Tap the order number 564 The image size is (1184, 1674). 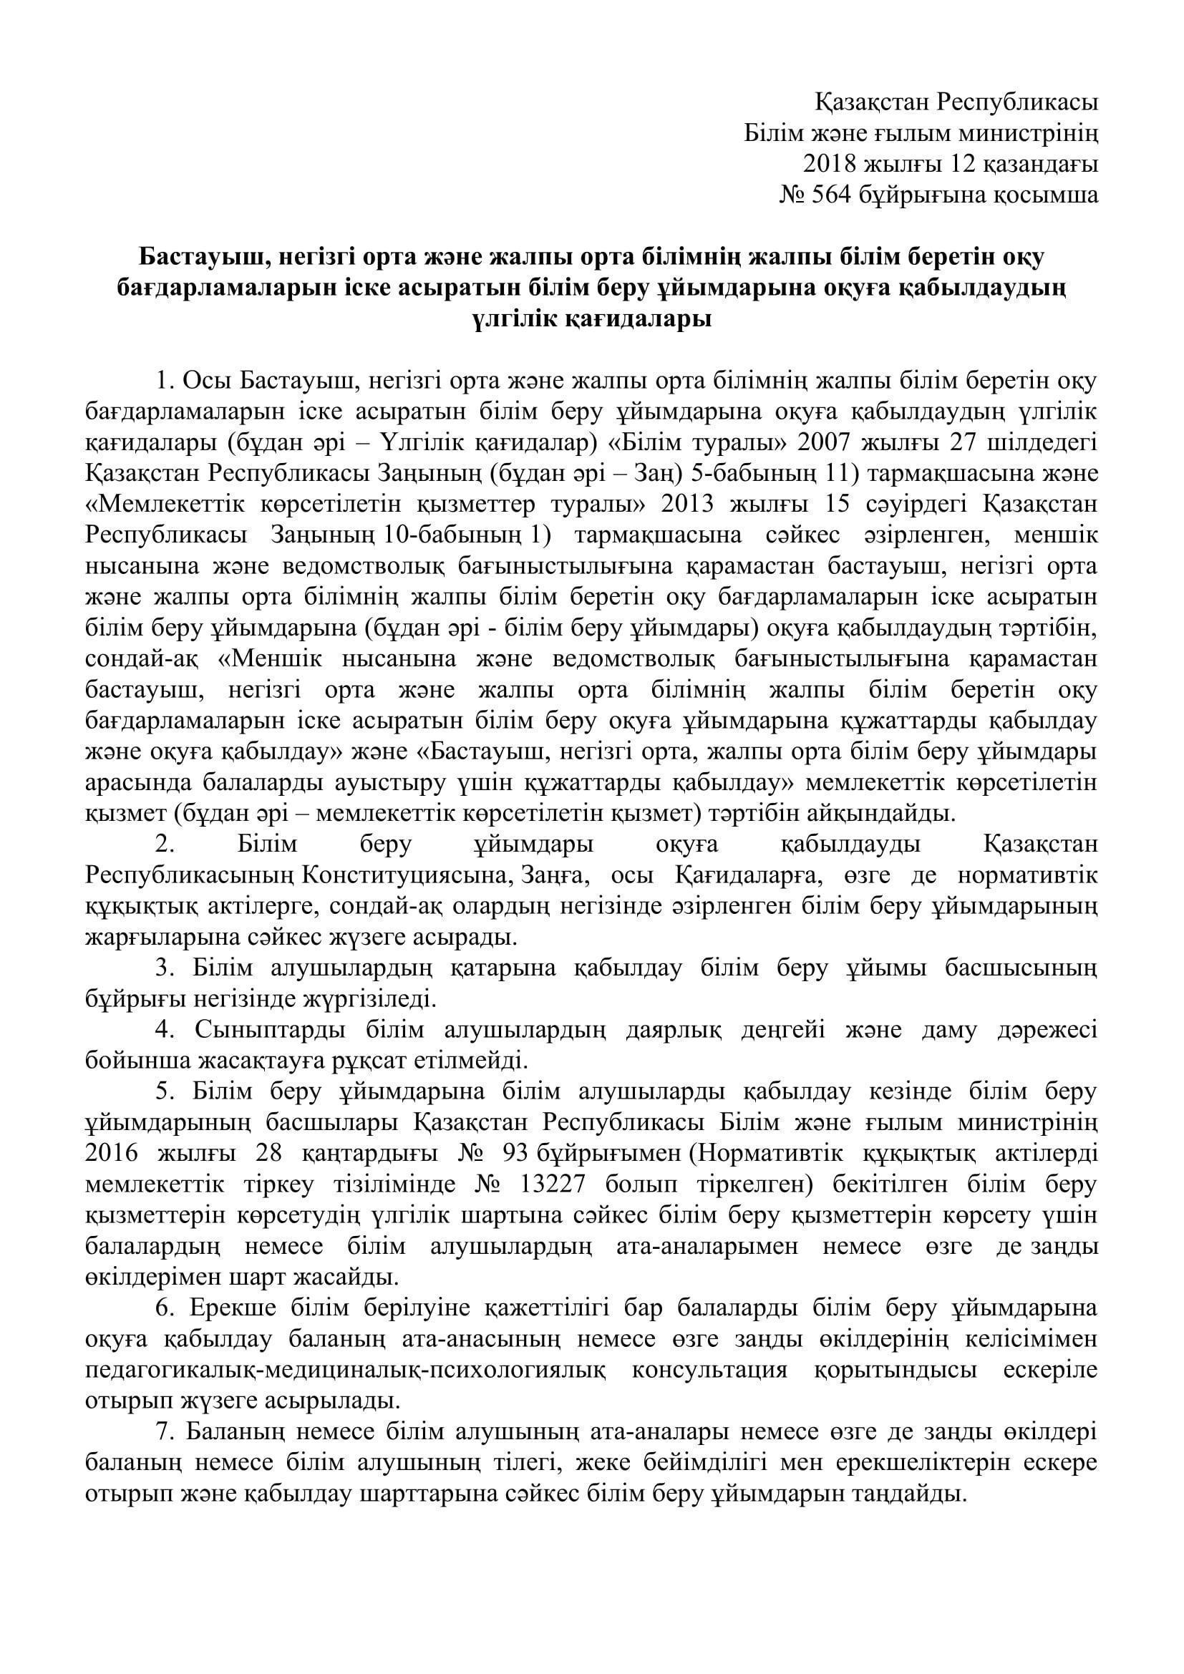click(x=832, y=195)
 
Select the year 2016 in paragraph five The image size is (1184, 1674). click(x=110, y=1154)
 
